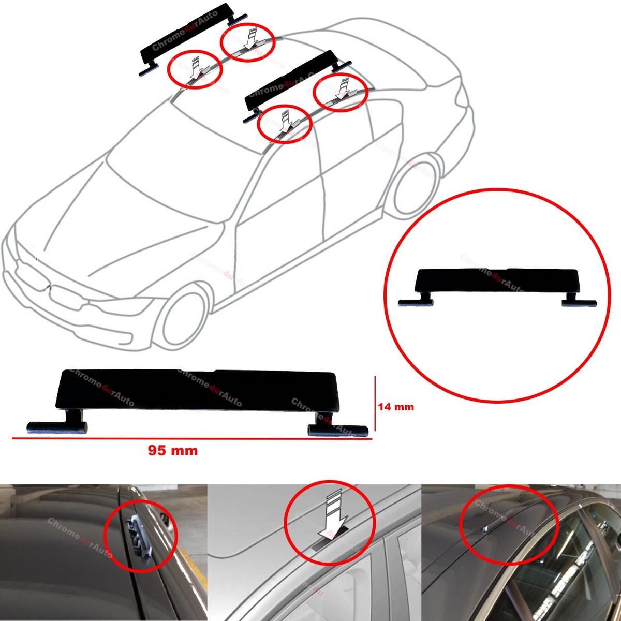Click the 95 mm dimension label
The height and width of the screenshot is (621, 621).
tap(173, 451)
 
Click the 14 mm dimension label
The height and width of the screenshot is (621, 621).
tap(396, 407)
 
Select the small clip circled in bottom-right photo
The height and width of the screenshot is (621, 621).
tap(486, 527)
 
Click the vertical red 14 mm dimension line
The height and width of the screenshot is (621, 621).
tap(375, 407)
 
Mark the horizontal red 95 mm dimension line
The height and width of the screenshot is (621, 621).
tap(191, 439)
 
